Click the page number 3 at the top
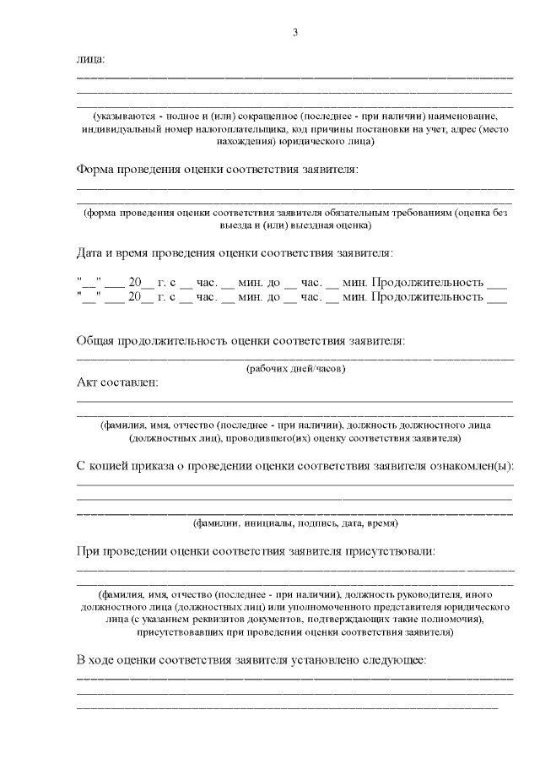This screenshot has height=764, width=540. pyautogui.click(x=294, y=32)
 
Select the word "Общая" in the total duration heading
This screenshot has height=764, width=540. pyautogui.click(x=94, y=340)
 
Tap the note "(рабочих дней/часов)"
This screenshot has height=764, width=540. pyautogui.click(x=295, y=369)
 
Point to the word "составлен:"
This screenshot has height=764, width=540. pyautogui.click(x=129, y=382)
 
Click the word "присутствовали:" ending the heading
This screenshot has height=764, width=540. pyautogui.click(x=391, y=551)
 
